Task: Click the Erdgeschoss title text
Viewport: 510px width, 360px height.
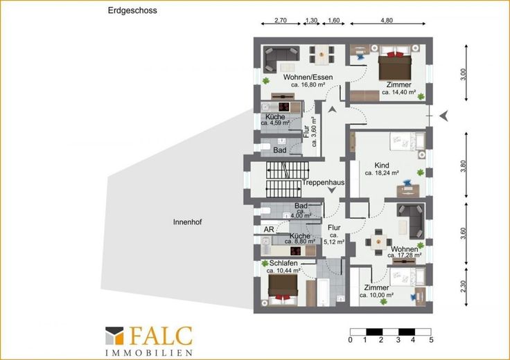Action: (132, 10)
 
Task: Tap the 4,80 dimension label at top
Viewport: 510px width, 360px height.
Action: (387, 20)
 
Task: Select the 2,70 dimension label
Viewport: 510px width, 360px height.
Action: (281, 20)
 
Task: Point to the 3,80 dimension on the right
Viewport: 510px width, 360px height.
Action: (464, 166)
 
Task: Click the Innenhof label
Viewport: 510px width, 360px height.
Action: (187, 222)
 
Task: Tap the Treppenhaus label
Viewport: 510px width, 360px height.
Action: (323, 182)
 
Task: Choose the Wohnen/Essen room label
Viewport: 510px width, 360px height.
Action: (308, 77)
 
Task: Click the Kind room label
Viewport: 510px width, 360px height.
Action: (382, 165)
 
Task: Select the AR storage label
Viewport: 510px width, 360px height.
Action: (269, 229)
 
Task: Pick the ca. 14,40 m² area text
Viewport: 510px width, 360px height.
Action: (398, 92)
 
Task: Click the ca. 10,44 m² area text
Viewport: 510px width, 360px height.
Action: (283, 271)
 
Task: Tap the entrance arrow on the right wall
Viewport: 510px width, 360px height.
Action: (444, 116)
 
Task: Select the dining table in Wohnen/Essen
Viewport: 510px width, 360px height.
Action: (322, 54)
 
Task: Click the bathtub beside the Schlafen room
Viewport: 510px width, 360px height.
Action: (323, 291)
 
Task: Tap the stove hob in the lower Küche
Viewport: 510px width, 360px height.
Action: (295, 251)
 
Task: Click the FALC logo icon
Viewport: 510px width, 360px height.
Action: (114, 336)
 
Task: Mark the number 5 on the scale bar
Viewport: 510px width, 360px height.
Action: (431, 340)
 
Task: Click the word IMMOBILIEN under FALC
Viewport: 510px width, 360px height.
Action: (149, 353)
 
